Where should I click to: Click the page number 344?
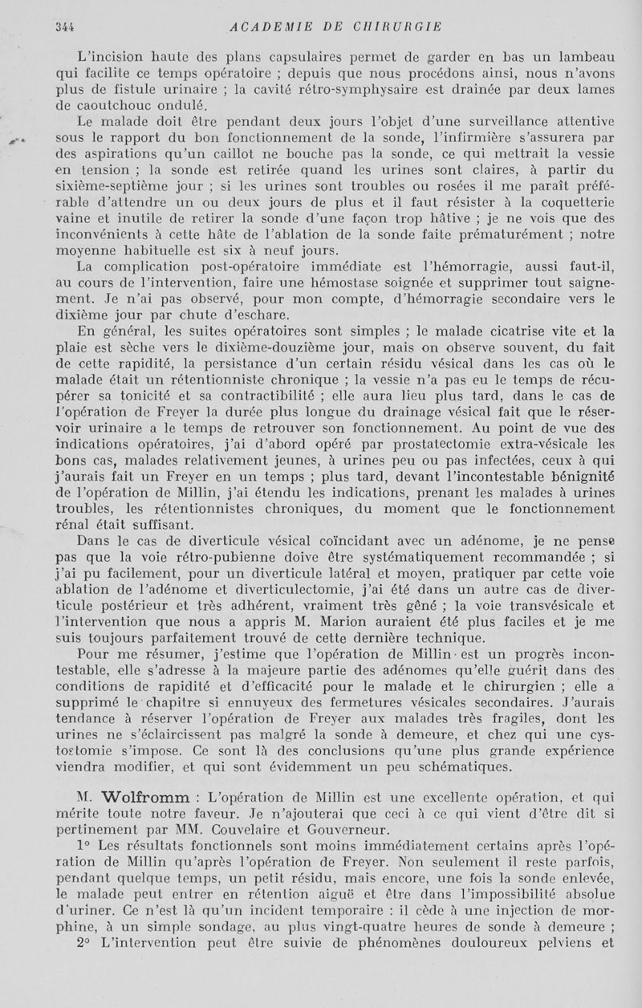coord(64,26)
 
